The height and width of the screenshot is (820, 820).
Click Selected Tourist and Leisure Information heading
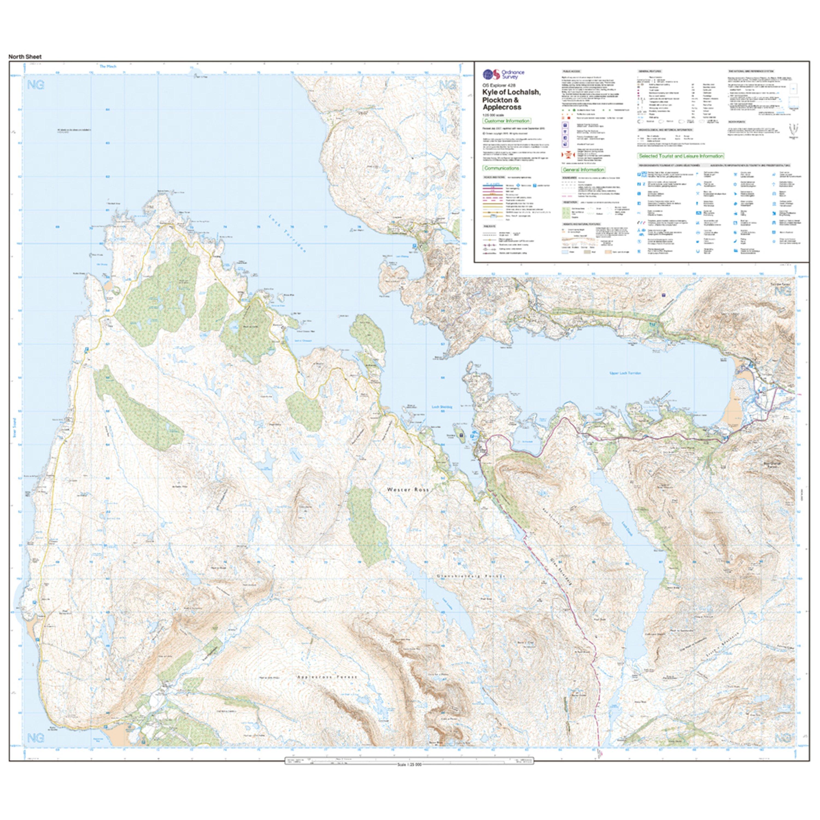point(681,156)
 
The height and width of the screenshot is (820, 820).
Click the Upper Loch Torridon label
point(625,373)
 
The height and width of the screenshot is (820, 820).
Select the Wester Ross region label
point(408,489)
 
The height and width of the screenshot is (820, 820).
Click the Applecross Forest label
point(327,677)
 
